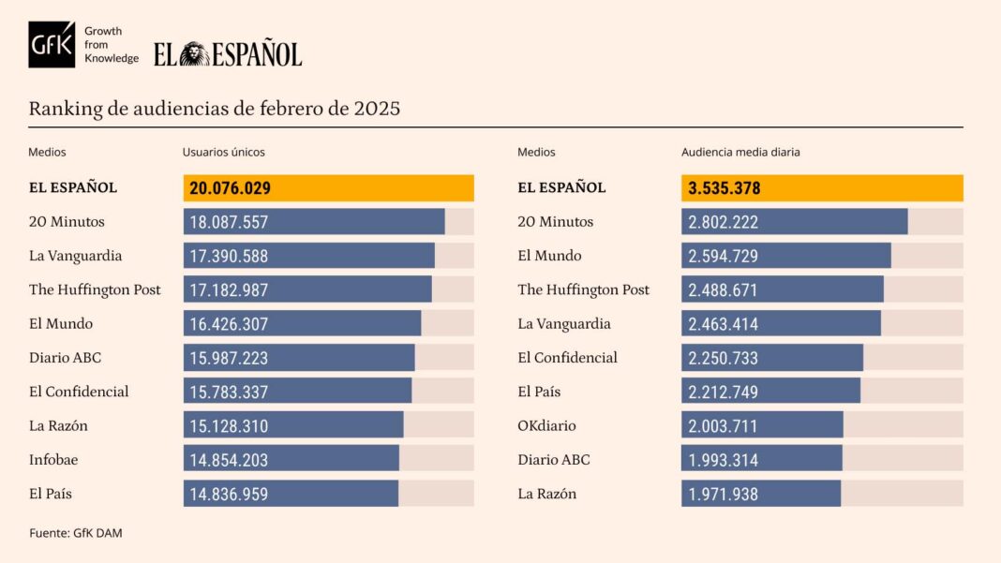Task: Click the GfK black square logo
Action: coord(52,44)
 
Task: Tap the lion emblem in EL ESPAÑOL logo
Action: coord(195,54)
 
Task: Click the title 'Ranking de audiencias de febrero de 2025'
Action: coord(214,109)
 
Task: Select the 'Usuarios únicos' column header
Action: coord(223,152)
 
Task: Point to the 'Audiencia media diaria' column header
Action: coord(740,152)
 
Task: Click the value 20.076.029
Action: coord(230,188)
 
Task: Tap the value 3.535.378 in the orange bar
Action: coord(724,188)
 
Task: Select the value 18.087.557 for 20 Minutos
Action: coord(229,222)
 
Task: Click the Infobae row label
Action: coord(52,459)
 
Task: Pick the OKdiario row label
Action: coord(546,425)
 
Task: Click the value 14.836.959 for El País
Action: coord(229,494)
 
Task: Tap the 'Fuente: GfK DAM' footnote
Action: coord(75,533)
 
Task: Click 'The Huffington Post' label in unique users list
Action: coord(95,289)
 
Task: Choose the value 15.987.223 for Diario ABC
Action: coord(229,358)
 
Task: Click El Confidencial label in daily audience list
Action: coord(567,358)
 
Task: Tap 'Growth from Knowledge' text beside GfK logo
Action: coord(111,44)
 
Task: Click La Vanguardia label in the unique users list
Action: coord(75,256)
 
